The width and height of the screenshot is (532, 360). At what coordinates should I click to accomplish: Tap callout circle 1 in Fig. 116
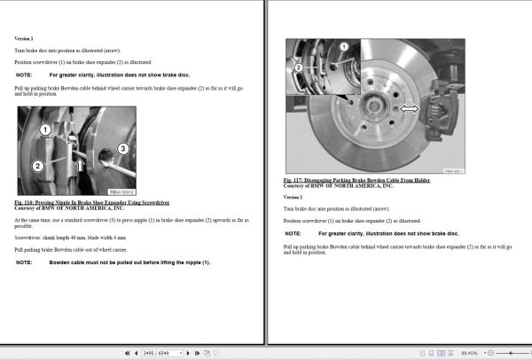(x=44, y=130)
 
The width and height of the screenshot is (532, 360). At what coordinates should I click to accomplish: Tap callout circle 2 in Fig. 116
(x=37, y=166)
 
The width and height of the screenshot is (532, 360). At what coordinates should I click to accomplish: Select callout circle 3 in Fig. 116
(x=123, y=148)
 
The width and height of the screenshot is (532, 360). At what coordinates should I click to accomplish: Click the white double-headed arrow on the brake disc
(x=409, y=108)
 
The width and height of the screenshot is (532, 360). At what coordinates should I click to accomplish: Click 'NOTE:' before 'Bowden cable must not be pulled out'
(x=25, y=262)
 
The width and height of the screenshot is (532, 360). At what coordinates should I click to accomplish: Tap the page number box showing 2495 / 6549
(x=160, y=353)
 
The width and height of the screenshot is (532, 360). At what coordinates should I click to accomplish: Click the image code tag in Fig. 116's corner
(x=121, y=191)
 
